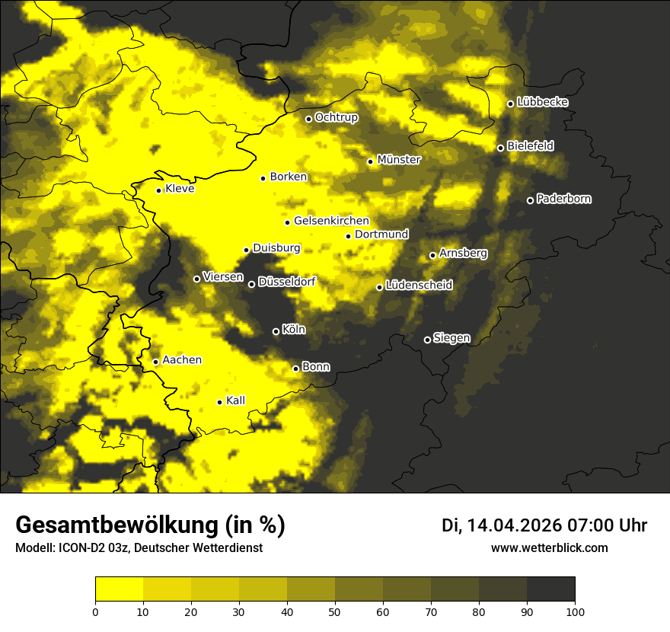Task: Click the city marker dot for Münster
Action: point(371,161)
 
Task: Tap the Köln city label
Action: point(293,330)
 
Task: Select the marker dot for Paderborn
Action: point(531,200)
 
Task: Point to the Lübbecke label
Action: point(542,102)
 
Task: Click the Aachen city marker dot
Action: point(156,362)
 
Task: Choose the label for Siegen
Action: point(451,338)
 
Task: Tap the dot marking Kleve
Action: point(159,190)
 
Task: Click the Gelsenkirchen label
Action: point(331,221)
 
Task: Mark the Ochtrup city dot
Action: point(309,119)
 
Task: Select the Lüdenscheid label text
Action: point(419,285)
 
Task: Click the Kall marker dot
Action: point(220,402)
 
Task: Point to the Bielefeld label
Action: point(530,145)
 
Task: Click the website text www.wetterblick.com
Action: point(549,547)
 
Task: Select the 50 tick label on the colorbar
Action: point(335,611)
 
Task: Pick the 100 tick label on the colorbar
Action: point(575,611)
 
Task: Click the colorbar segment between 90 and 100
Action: point(550,589)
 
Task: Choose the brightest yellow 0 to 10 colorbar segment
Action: point(120,589)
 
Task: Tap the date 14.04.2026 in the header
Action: point(514,525)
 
